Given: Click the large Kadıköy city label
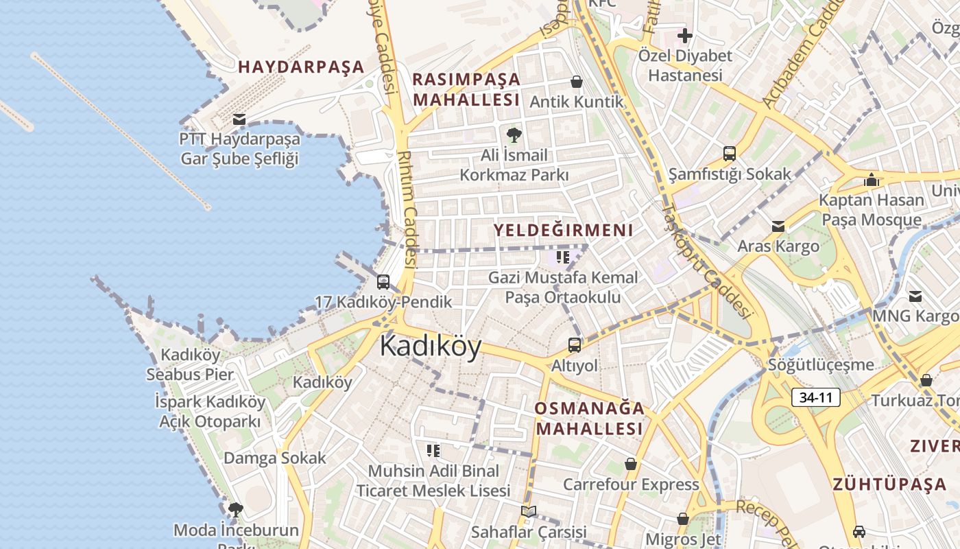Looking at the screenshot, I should pyautogui.click(x=431, y=346).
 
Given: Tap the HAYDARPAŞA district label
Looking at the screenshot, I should pyautogui.click(x=301, y=67).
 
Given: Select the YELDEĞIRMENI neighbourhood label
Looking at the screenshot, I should pyautogui.click(x=564, y=231).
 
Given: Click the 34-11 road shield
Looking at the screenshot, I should pyautogui.click(x=815, y=397).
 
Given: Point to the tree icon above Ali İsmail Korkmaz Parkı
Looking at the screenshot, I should pyautogui.click(x=514, y=135).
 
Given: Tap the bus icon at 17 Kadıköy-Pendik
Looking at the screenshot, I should pyautogui.click(x=383, y=282).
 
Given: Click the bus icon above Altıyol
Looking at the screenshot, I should pyautogui.click(x=575, y=345).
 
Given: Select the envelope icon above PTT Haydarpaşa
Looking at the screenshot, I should pyautogui.click(x=239, y=119).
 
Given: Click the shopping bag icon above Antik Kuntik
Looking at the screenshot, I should pyautogui.click(x=577, y=82).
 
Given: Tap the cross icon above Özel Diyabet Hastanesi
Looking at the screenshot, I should pyautogui.click(x=685, y=36).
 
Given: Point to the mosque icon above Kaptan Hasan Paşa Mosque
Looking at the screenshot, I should pyautogui.click(x=872, y=180).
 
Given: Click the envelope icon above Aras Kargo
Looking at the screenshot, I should pyautogui.click(x=778, y=226).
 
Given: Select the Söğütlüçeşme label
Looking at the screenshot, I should pyautogui.click(x=821, y=365).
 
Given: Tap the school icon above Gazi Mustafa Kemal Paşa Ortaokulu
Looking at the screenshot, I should pyautogui.click(x=563, y=257).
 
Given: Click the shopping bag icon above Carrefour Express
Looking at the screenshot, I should pyautogui.click(x=631, y=465).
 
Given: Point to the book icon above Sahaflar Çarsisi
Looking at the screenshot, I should pyautogui.click(x=528, y=511).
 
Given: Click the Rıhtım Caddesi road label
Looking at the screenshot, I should pyautogui.click(x=408, y=209).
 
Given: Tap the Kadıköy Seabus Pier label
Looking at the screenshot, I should pyautogui.click(x=190, y=364).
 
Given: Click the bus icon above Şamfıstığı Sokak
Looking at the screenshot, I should pyautogui.click(x=730, y=154).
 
